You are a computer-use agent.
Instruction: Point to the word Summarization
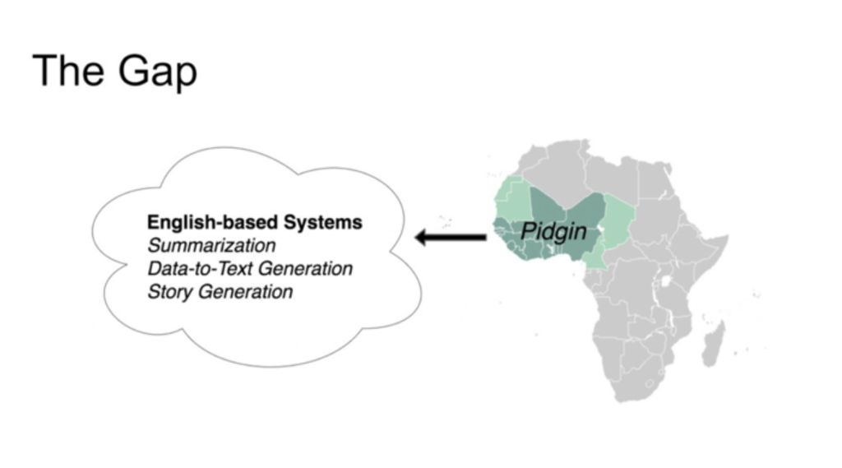[x=211, y=245]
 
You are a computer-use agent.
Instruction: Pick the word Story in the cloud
[x=168, y=291]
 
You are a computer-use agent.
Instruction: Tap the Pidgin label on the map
[x=555, y=231]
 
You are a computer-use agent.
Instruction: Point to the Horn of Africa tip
[x=724, y=240]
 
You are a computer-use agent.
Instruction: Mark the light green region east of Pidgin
[x=619, y=218]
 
